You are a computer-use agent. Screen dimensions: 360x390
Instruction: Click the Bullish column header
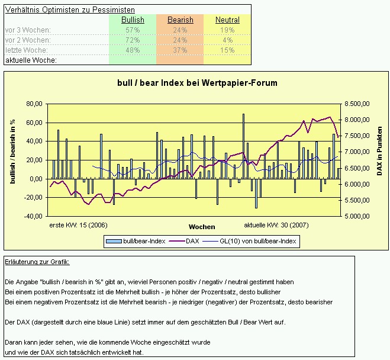pos(133,20)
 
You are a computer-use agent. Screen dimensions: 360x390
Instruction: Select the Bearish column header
pos(180,20)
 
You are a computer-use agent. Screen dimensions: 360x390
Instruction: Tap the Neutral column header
pos(227,20)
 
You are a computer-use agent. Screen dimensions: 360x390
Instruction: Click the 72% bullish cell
pos(133,40)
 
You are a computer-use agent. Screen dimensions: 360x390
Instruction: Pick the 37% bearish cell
pos(180,50)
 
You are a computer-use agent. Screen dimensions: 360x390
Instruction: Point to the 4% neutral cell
pos(227,40)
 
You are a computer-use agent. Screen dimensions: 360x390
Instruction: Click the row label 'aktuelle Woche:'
pos(31,60)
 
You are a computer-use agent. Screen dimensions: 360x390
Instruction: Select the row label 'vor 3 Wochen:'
pos(28,30)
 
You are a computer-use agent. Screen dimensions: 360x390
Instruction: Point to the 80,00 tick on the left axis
pos(35,104)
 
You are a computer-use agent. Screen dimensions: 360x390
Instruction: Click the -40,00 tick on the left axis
pos(34,216)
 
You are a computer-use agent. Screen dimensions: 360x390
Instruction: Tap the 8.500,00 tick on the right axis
pos(357,104)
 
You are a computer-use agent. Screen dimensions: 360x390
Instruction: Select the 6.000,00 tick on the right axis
pos(357,184)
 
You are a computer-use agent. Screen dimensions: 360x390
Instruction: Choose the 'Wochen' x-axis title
pos(202,227)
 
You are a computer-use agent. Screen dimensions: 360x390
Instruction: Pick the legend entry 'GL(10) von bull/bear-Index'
pos(257,241)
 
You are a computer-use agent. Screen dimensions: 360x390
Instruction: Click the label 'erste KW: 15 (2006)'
pos(78,225)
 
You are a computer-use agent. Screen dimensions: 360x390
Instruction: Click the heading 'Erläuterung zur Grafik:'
pos(37,262)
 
